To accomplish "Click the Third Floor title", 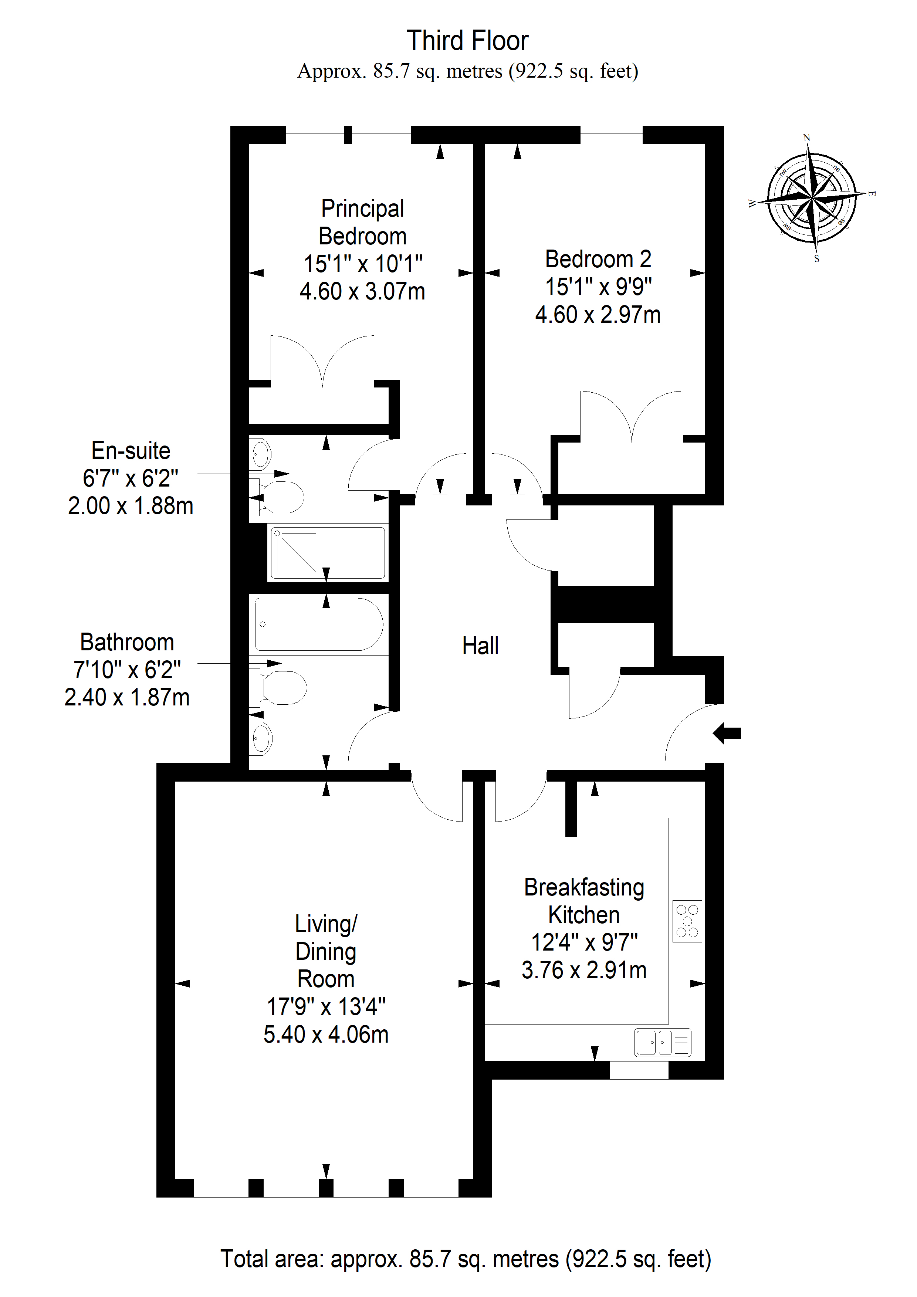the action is (467, 41).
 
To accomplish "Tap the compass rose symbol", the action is (812, 198).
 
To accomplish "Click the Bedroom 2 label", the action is (598, 259).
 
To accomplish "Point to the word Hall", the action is (480, 646).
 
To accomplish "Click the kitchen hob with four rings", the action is (687, 921).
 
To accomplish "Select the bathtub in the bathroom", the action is (319, 624).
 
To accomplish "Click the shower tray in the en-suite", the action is (328, 553).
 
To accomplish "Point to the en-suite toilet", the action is (277, 497).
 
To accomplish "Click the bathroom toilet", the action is (278, 687).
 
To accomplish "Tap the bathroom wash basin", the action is (261, 738).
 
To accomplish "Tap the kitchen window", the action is (639, 1070).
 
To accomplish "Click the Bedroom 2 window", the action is (611, 135).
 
